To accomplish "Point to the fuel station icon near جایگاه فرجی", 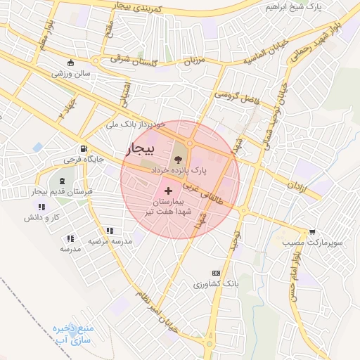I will [x=84, y=148].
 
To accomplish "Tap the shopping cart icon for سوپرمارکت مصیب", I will [x=311, y=231].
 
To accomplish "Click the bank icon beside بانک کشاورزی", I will [x=216, y=274].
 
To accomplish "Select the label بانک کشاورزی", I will [x=217, y=285].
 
